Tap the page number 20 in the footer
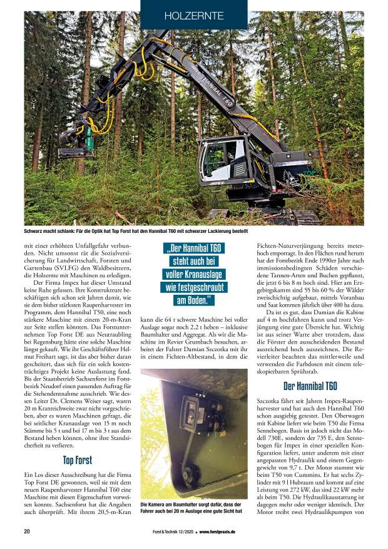[x=28, y=531]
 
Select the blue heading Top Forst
[x=78, y=460]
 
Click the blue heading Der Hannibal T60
[x=310, y=386]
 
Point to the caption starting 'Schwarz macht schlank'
[x=141, y=231]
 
